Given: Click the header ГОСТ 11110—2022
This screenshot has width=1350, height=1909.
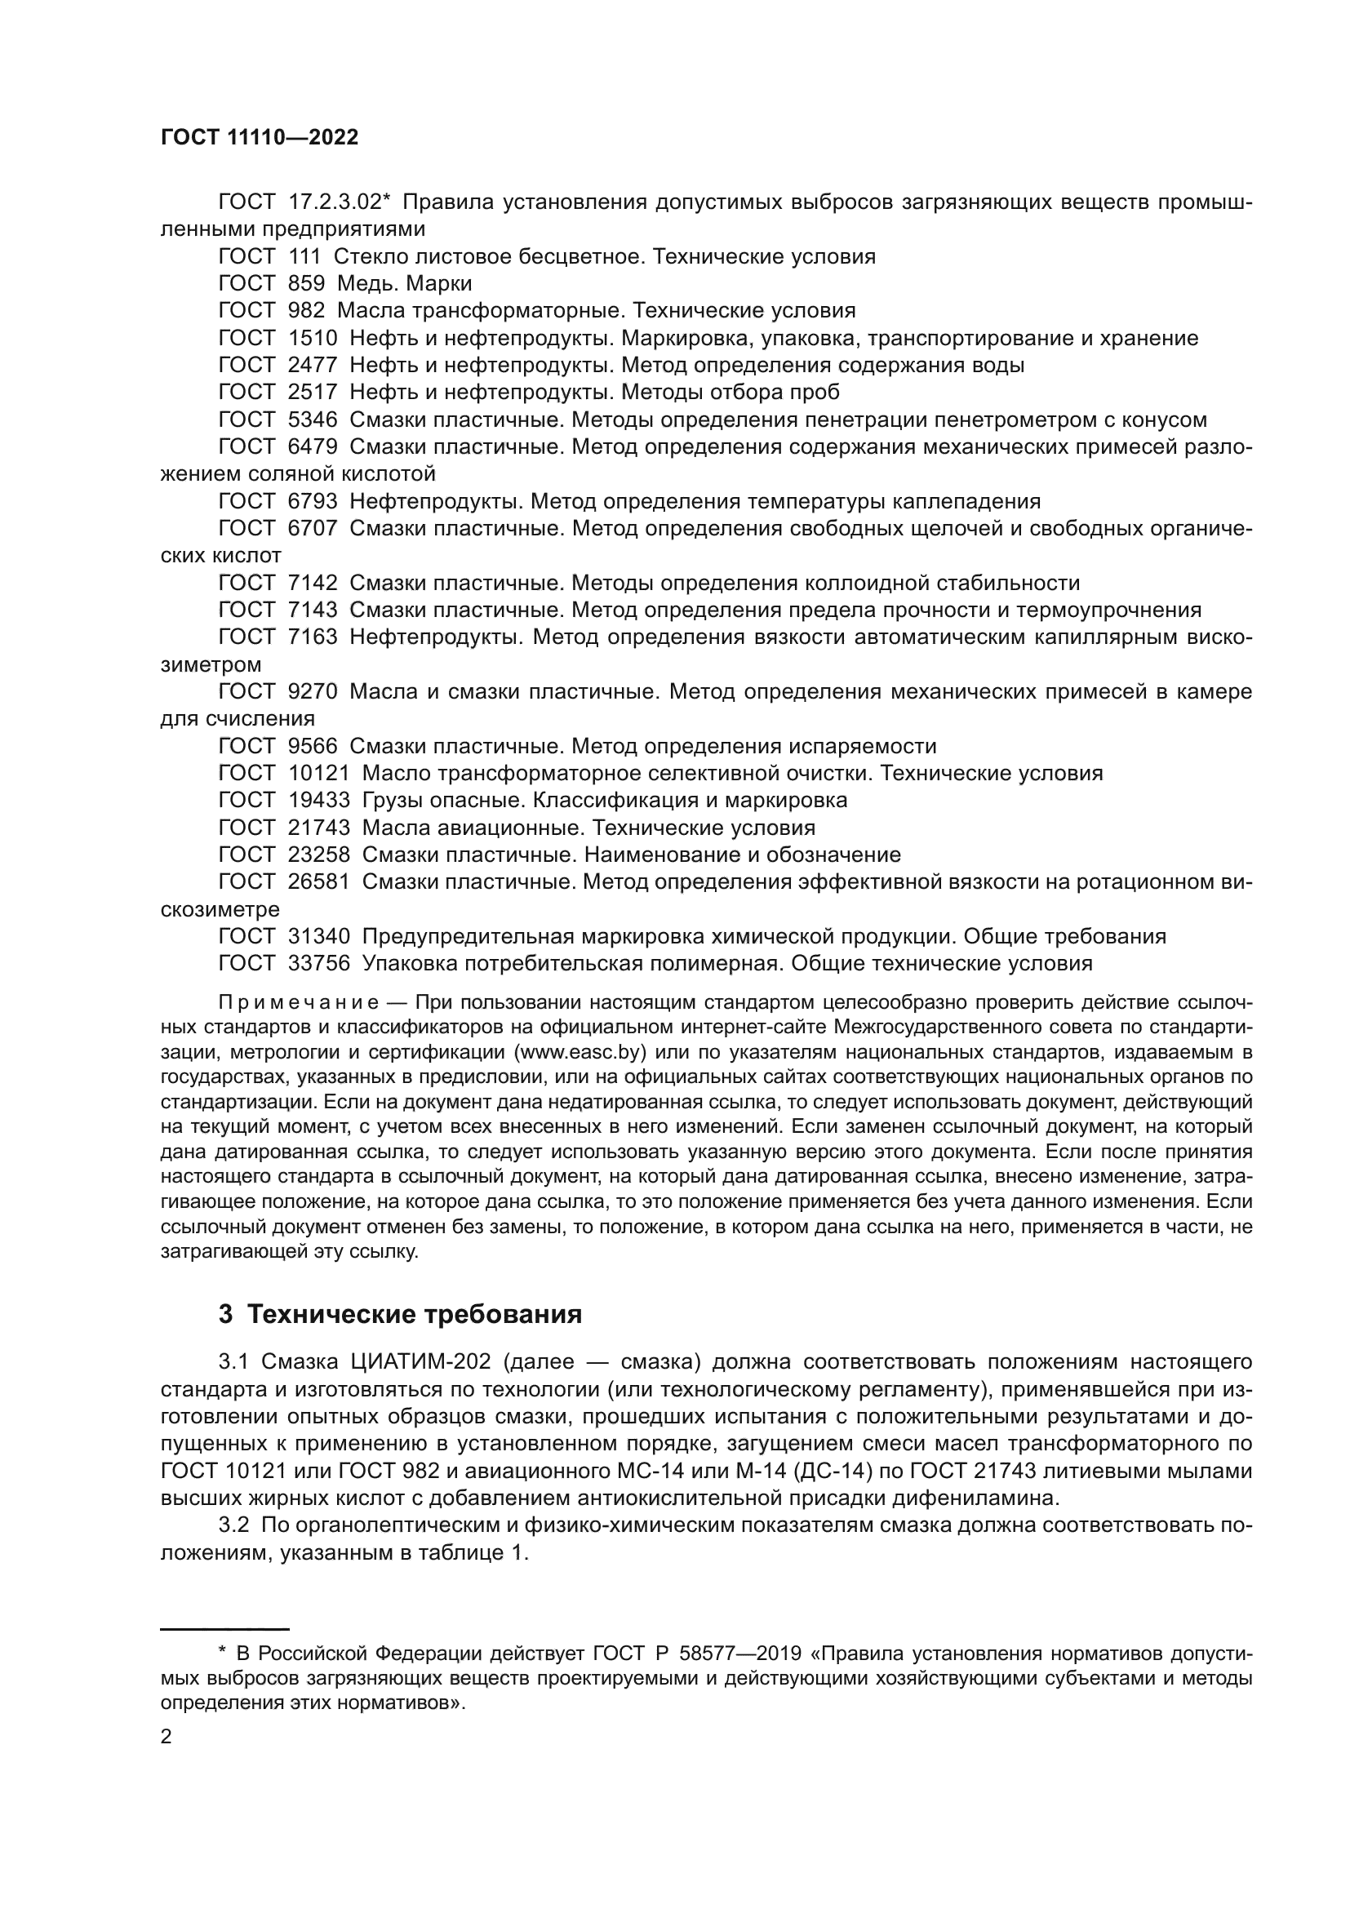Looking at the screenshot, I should tap(260, 138).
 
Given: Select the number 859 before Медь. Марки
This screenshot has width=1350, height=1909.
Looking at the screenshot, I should tap(306, 283).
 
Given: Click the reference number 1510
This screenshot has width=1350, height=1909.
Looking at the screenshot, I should tap(313, 339).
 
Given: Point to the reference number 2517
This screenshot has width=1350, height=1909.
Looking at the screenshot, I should tap(313, 393).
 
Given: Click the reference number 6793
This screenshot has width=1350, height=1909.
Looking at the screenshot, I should tap(313, 501).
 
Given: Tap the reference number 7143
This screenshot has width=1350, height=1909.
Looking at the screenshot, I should tap(313, 610).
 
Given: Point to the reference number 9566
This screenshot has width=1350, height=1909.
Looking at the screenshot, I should tap(313, 746).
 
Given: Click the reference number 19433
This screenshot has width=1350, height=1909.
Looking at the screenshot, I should tap(319, 801).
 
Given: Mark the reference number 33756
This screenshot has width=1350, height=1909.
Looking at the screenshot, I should tap(319, 964).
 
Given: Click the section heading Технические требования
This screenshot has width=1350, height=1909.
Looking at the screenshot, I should tap(415, 1315).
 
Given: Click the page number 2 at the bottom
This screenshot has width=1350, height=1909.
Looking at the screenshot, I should tap(167, 1737).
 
